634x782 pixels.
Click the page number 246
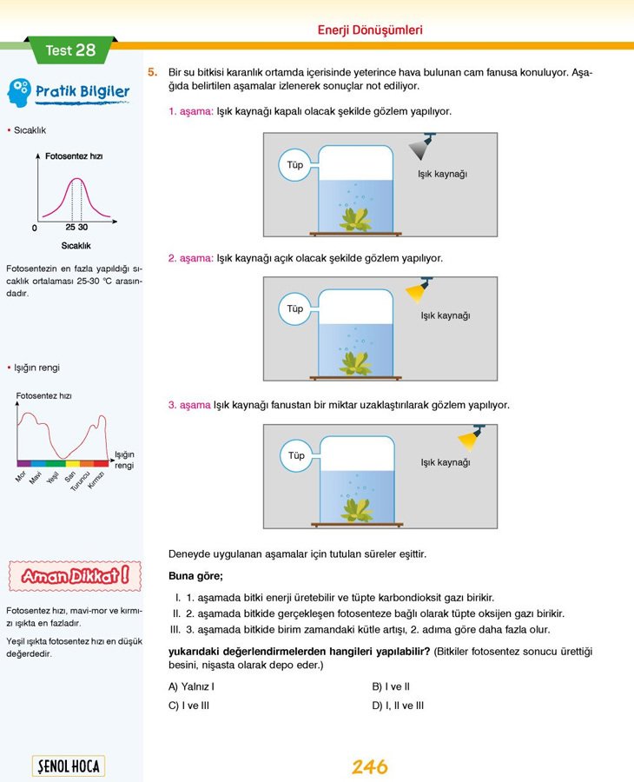point(369,767)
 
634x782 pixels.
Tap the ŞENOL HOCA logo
point(68,766)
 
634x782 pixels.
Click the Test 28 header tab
point(70,50)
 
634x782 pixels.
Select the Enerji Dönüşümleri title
point(370,30)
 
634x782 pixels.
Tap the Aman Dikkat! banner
point(74,574)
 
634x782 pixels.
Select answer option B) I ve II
point(390,686)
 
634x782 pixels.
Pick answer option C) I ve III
point(188,706)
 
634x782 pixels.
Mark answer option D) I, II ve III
point(398,706)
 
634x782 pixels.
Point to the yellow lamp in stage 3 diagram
point(472,436)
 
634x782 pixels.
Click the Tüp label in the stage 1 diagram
point(295,165)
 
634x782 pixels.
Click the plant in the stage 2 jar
point(354,358)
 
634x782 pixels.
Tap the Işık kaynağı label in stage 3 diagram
point(445,462)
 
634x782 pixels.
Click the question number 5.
point(152,72)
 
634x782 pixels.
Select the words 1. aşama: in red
point(190,111)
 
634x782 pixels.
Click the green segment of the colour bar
point(58,464)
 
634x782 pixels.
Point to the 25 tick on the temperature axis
point(71,226)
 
